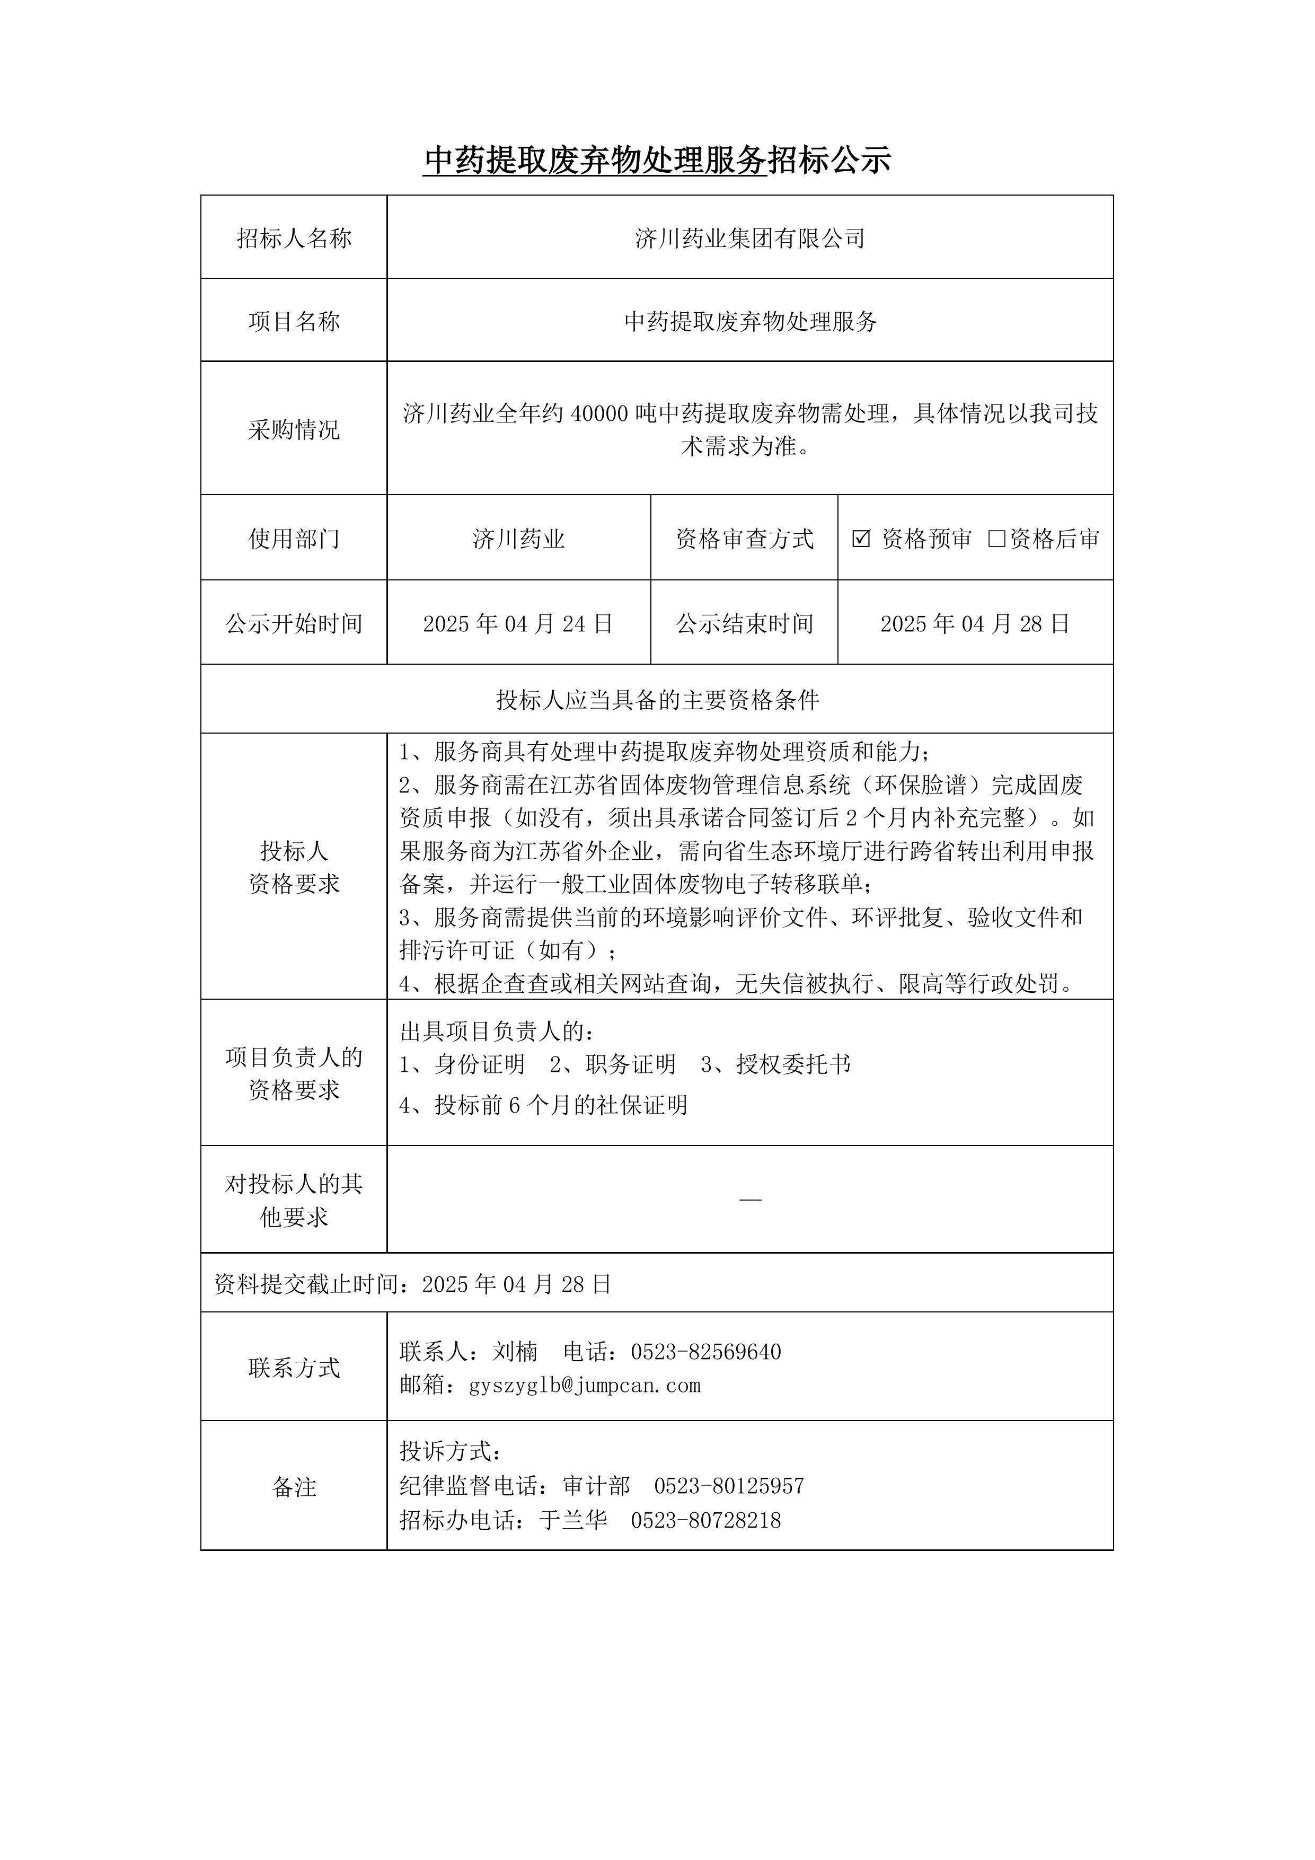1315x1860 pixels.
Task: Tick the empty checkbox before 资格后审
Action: tap(996, 539)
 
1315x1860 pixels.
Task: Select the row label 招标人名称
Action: tap(294, 238)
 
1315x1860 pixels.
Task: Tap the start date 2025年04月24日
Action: tap(518, 624)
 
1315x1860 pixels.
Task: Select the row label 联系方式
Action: tap(294, 1368)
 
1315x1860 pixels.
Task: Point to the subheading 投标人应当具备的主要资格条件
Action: tap(657, 700)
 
